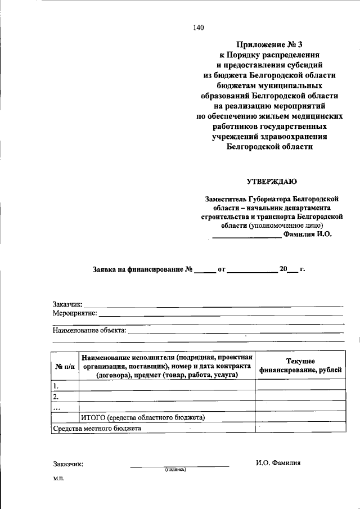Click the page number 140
pos(198,28)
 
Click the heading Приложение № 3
pos(269,44)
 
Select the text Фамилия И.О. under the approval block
pos(308,235)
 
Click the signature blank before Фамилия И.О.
pos(246,236)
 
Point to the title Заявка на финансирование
pos(138,269)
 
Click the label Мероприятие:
pos(75,313)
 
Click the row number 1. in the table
pos(56,386)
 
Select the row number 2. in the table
pos(56,397)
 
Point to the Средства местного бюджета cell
pos(97,428)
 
